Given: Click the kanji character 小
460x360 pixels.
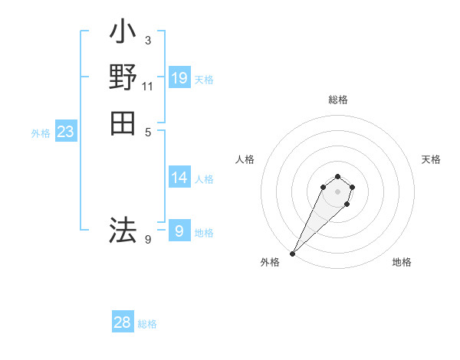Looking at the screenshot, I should (x=123, y=34).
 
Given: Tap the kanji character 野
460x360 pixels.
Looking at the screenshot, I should (x=123, y=78).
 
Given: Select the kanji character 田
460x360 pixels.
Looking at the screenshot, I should (x=123, y=123).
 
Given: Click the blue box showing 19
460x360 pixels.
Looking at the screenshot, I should (x=179, y=77).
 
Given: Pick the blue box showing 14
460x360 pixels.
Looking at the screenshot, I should (x=179, y=178).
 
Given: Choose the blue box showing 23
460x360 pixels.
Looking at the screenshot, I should (x=66, y=132).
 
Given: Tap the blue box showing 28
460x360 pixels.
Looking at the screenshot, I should (x=123, y=322).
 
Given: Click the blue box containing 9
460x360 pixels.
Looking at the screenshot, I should (x=179, y=231).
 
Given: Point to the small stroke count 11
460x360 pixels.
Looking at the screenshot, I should (x=147, y=87).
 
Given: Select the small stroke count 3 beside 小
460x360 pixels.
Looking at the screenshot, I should (x=147, y=41).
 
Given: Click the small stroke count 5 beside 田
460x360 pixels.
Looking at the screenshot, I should (x=147, y=132).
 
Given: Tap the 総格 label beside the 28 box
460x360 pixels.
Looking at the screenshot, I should (x=147, y=324).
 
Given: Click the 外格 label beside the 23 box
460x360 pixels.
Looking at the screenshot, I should (x=41, y=133).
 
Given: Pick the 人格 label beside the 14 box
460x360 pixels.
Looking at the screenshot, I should (x=204, y=179).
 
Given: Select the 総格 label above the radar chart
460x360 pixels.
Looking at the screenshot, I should (x=337, y=100).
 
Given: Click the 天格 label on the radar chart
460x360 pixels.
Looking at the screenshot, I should (x=431, y=159).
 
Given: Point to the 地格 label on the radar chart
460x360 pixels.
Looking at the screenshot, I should (x=402, y=262).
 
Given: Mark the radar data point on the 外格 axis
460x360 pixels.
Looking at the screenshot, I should (x=293, y=254).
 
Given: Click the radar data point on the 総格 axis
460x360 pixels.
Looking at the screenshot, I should (x=337, y=175).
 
